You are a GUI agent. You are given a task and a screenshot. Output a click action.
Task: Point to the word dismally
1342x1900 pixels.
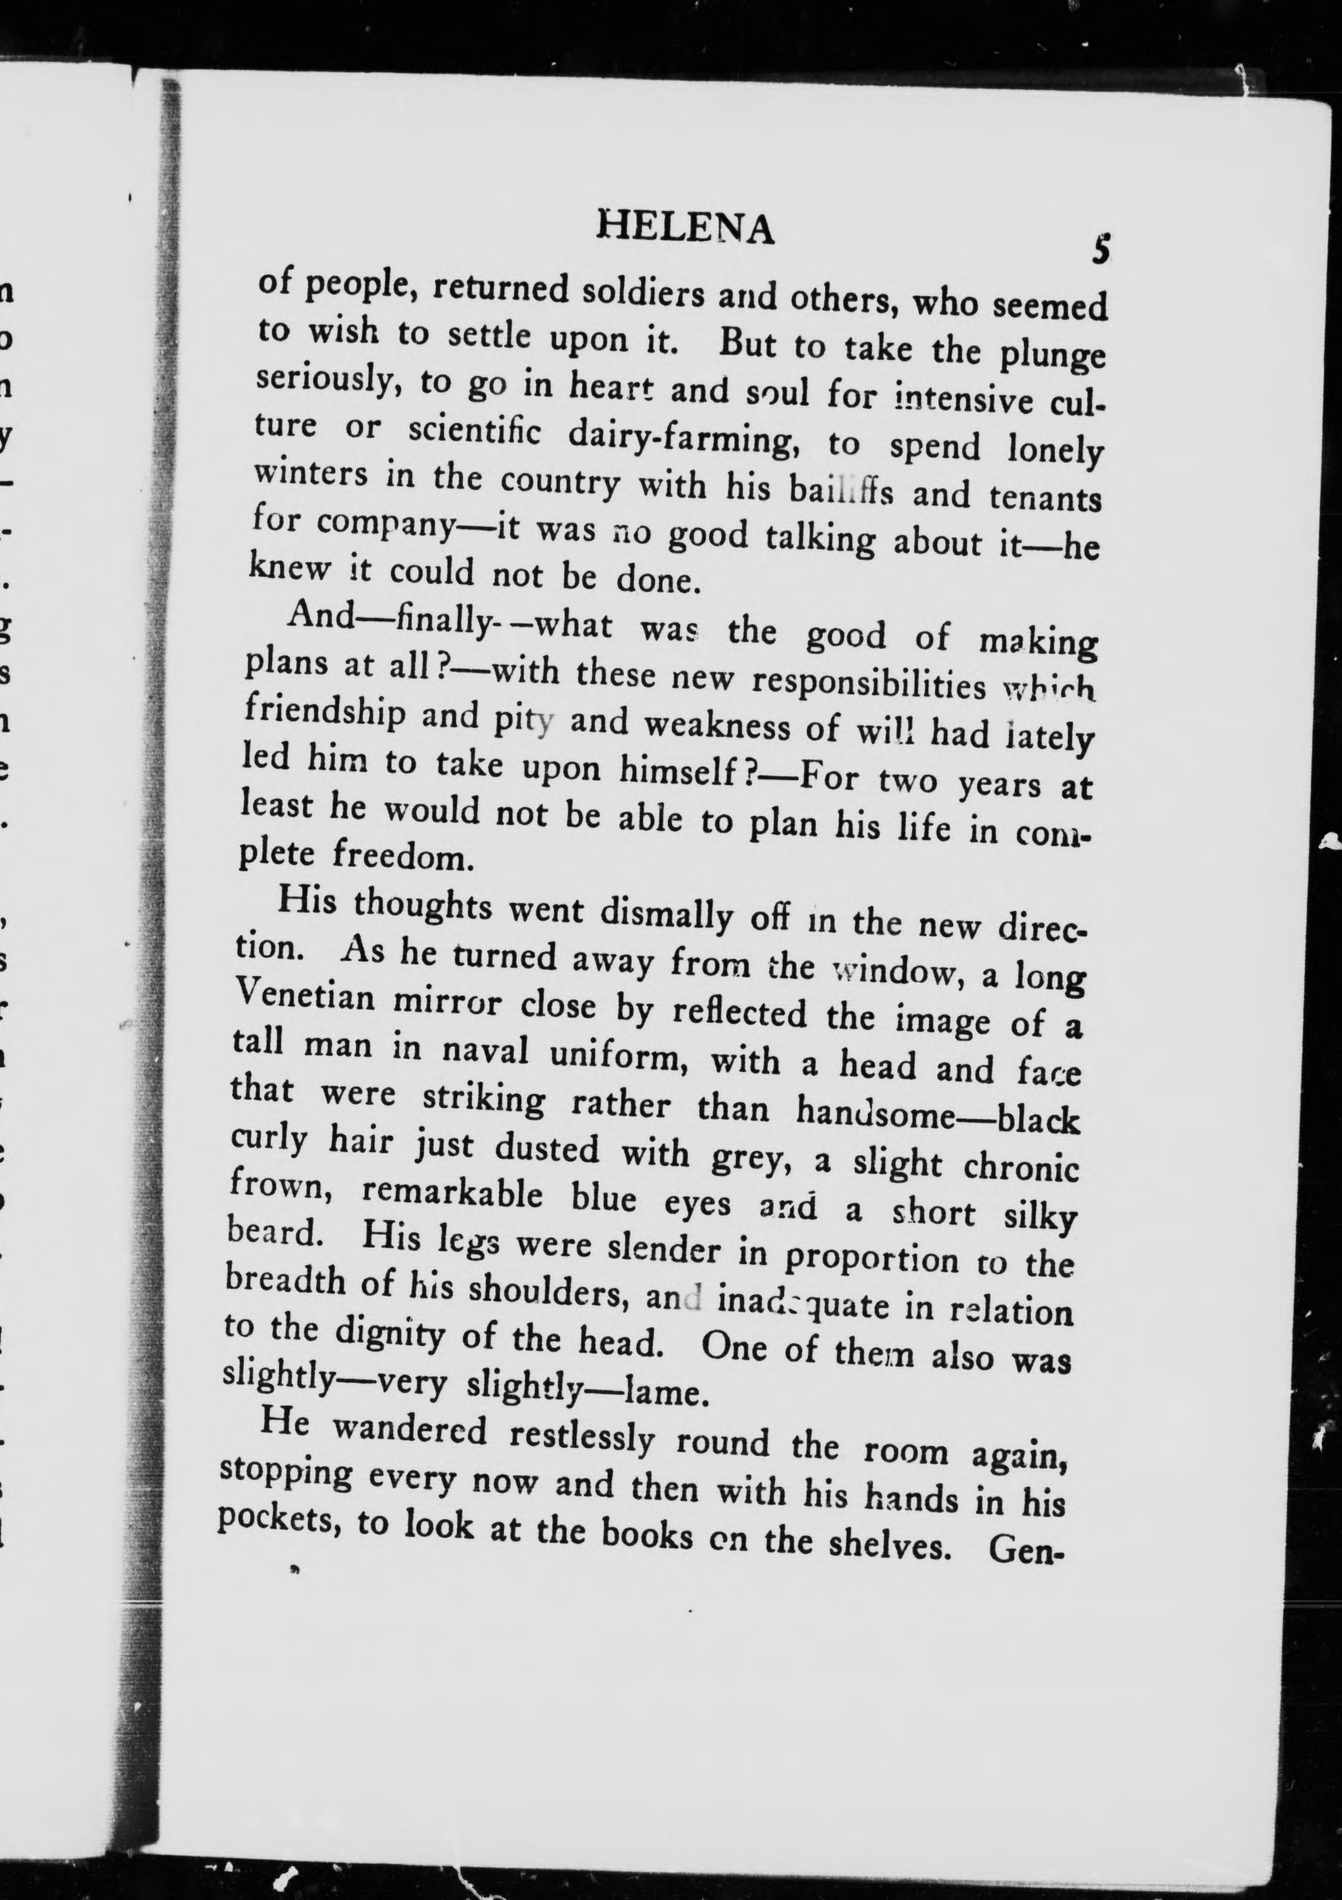666,914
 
